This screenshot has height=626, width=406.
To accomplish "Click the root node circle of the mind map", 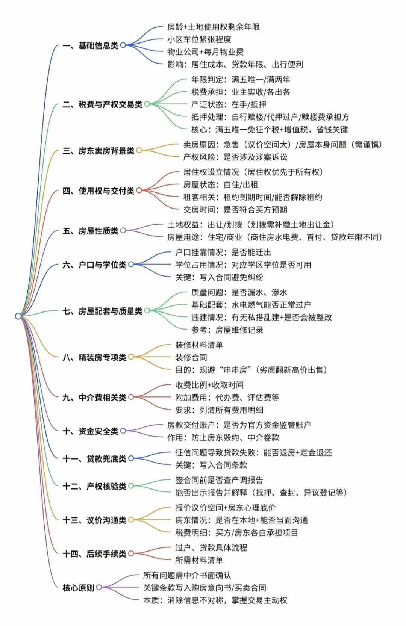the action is click(18, 316).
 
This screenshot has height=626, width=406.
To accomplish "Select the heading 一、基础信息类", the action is click(90, 45).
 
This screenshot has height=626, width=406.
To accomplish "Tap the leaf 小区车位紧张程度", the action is click(199, 39).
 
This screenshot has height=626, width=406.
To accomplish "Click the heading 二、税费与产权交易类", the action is click(102, 104).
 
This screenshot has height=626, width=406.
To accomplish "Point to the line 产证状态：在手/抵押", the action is click(229, 104).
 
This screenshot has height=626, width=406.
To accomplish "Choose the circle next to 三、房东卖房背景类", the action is click(139, 151).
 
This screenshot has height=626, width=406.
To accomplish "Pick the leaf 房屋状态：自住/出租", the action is click(220, 184).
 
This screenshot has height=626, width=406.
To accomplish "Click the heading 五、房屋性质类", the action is click(90, 231).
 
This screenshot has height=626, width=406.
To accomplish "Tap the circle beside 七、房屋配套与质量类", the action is click(147, 311).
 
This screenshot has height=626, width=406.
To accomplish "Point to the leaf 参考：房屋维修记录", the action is click(227, 330).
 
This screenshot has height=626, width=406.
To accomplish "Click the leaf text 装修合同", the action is click(191, 357).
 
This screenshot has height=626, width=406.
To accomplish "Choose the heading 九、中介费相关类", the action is click(94, 397).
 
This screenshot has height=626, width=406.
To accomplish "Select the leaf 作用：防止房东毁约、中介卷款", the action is click(223, 437).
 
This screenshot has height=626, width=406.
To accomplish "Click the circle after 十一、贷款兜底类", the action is click(131, 458).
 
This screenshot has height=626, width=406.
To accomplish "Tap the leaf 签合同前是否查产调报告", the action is click(219, 480).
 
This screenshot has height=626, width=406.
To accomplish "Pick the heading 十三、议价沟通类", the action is click(94, 520).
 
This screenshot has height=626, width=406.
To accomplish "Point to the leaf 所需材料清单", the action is click(199, 560).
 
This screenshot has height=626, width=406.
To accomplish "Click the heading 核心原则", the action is click(78, 588).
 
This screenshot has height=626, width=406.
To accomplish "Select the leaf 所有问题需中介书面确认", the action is click(187, 575).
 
